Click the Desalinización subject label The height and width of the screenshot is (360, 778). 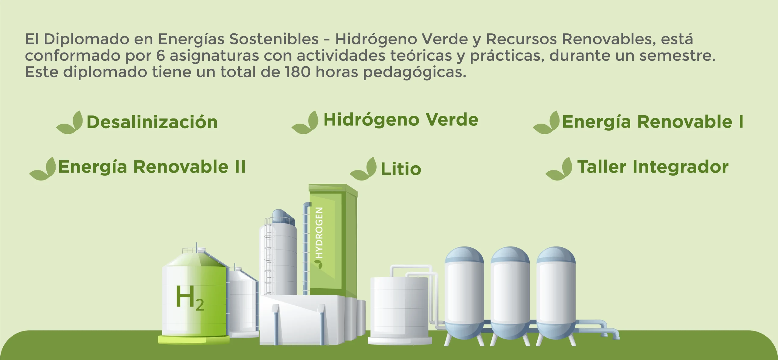pyautogui.click(x=152, y=122)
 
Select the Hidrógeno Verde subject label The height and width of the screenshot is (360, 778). pyautogui.click(x=401, y=120)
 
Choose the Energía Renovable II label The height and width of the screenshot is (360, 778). pyautogui.click(x=152, y=167)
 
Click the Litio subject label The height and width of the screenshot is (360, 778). pyautogui.click(x=401, y=169)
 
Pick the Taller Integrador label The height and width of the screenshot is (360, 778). pyautogui.click(x=653, y=167)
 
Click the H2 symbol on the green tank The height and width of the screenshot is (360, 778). pyautogui.click(x=189, y=298)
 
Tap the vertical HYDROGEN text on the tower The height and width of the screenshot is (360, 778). pyautogui.click(x=319, y=233)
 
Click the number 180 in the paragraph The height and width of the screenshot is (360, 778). pyautogui.click(x=298, y=72)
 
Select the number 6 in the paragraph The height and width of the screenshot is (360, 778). pyautogui.click(x=160, y=56)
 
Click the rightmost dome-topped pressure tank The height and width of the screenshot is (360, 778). pyautogui.click(x=556, y=295)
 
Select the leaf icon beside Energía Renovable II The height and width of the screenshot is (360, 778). pyautogui.click(x=43, y=169)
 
